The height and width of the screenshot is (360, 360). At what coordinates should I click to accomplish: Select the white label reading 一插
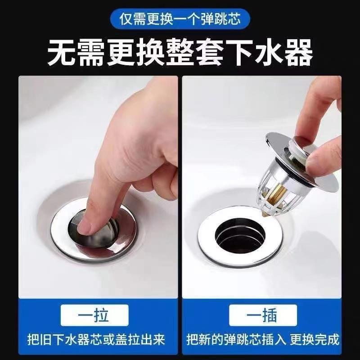point(263,315)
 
